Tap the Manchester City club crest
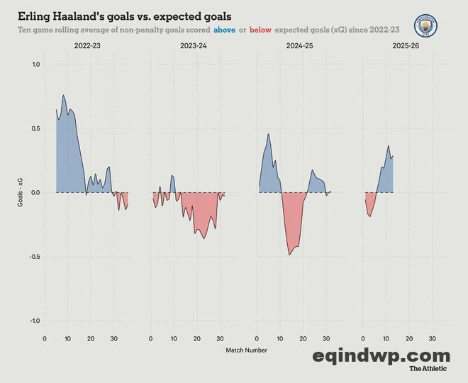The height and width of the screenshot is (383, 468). (425, 26)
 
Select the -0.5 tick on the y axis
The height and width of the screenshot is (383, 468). (33, 257)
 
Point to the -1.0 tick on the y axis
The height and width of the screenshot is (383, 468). (33, 321)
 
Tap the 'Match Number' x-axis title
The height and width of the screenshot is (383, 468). (246, 350)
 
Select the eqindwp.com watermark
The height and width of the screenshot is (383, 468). (381, 355)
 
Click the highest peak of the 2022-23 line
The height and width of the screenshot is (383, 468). (64, 95)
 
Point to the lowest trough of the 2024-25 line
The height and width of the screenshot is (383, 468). (289, 255)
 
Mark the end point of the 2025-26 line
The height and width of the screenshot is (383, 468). (393, 155)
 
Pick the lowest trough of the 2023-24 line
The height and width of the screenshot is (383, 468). (204, 238)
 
